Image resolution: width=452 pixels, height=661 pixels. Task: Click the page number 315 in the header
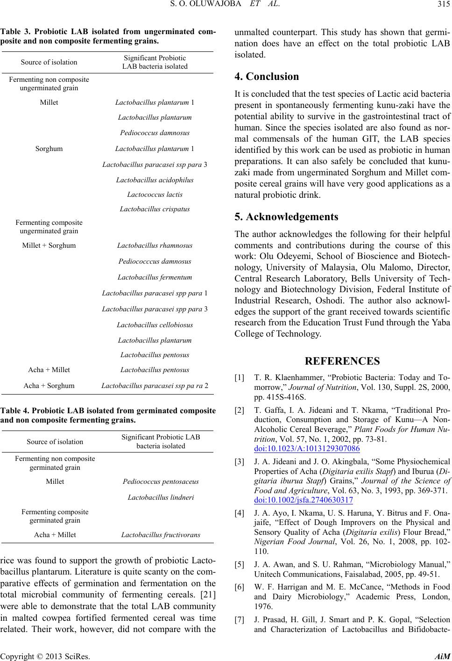point(441,5)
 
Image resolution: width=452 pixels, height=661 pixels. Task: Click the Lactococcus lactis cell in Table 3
point(155,194)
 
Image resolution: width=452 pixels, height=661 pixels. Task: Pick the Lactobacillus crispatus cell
point(155,208)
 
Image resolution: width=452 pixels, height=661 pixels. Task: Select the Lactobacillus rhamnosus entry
point(155,245)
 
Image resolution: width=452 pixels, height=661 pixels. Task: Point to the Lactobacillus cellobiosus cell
point(155,324)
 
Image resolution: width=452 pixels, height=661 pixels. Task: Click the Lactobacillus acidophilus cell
point(155,180)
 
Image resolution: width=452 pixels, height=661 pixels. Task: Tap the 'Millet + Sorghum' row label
point(49,245)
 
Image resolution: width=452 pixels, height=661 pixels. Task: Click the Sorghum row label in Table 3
point(49,149)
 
